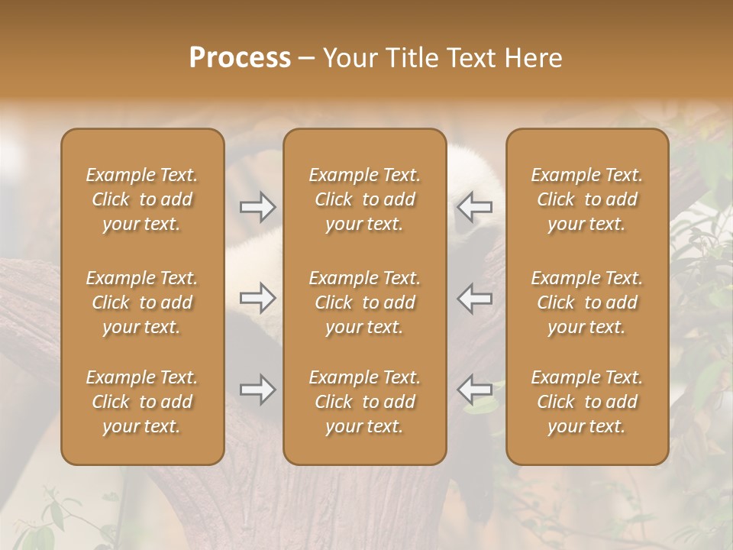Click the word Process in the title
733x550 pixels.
coord(240,58)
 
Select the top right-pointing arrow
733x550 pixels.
coord(258,207)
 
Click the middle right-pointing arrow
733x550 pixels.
coord(258,299)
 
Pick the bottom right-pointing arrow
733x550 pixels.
coord(258,390)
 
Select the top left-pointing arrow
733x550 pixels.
coord(475,207)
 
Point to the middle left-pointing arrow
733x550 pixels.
coord(475,299)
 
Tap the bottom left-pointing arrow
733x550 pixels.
coord(475,390)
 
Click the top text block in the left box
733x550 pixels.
coord(142,199)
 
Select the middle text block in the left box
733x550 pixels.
coord(142,302)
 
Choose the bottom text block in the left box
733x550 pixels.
coord(142,402)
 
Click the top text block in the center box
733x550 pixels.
coord(365,199)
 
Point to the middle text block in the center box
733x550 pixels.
coord(365,302)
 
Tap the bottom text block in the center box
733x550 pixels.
coord(365,402)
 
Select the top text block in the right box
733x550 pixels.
coord(587,199)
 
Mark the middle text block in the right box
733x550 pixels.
coord(587,302)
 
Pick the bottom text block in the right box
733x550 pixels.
coord(587,402)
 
